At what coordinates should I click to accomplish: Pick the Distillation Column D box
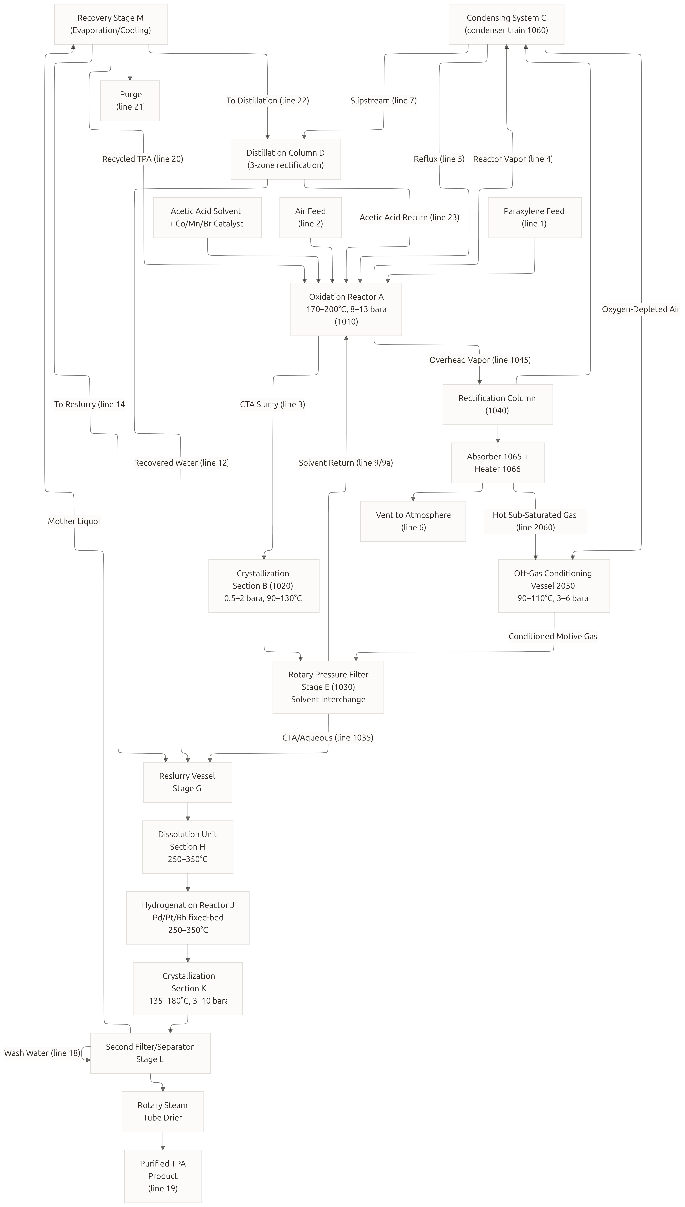click(286, 159)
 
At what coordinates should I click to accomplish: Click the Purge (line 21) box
click(130, 101)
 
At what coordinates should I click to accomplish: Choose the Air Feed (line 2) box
click(311, 217)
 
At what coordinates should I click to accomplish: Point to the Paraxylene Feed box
click(534, 217)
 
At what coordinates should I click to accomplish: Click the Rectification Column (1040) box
click(498, 404)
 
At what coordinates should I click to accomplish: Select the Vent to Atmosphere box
click(413, 521)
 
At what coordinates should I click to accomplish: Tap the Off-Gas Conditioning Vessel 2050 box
click(554, 586)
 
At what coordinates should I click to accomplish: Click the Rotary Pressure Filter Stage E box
click(328, 687)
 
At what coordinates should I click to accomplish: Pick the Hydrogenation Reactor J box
click(188, 917)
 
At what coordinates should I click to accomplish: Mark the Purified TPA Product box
click(163, 1176)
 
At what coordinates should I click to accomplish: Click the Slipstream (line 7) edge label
click(383, 101)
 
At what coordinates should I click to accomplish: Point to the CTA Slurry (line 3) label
click(272, 404)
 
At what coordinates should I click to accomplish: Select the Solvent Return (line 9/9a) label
click(346, 463)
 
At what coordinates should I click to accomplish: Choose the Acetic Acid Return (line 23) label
click(409, 217)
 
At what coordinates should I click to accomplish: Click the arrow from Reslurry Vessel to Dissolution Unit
click(188, 811)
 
